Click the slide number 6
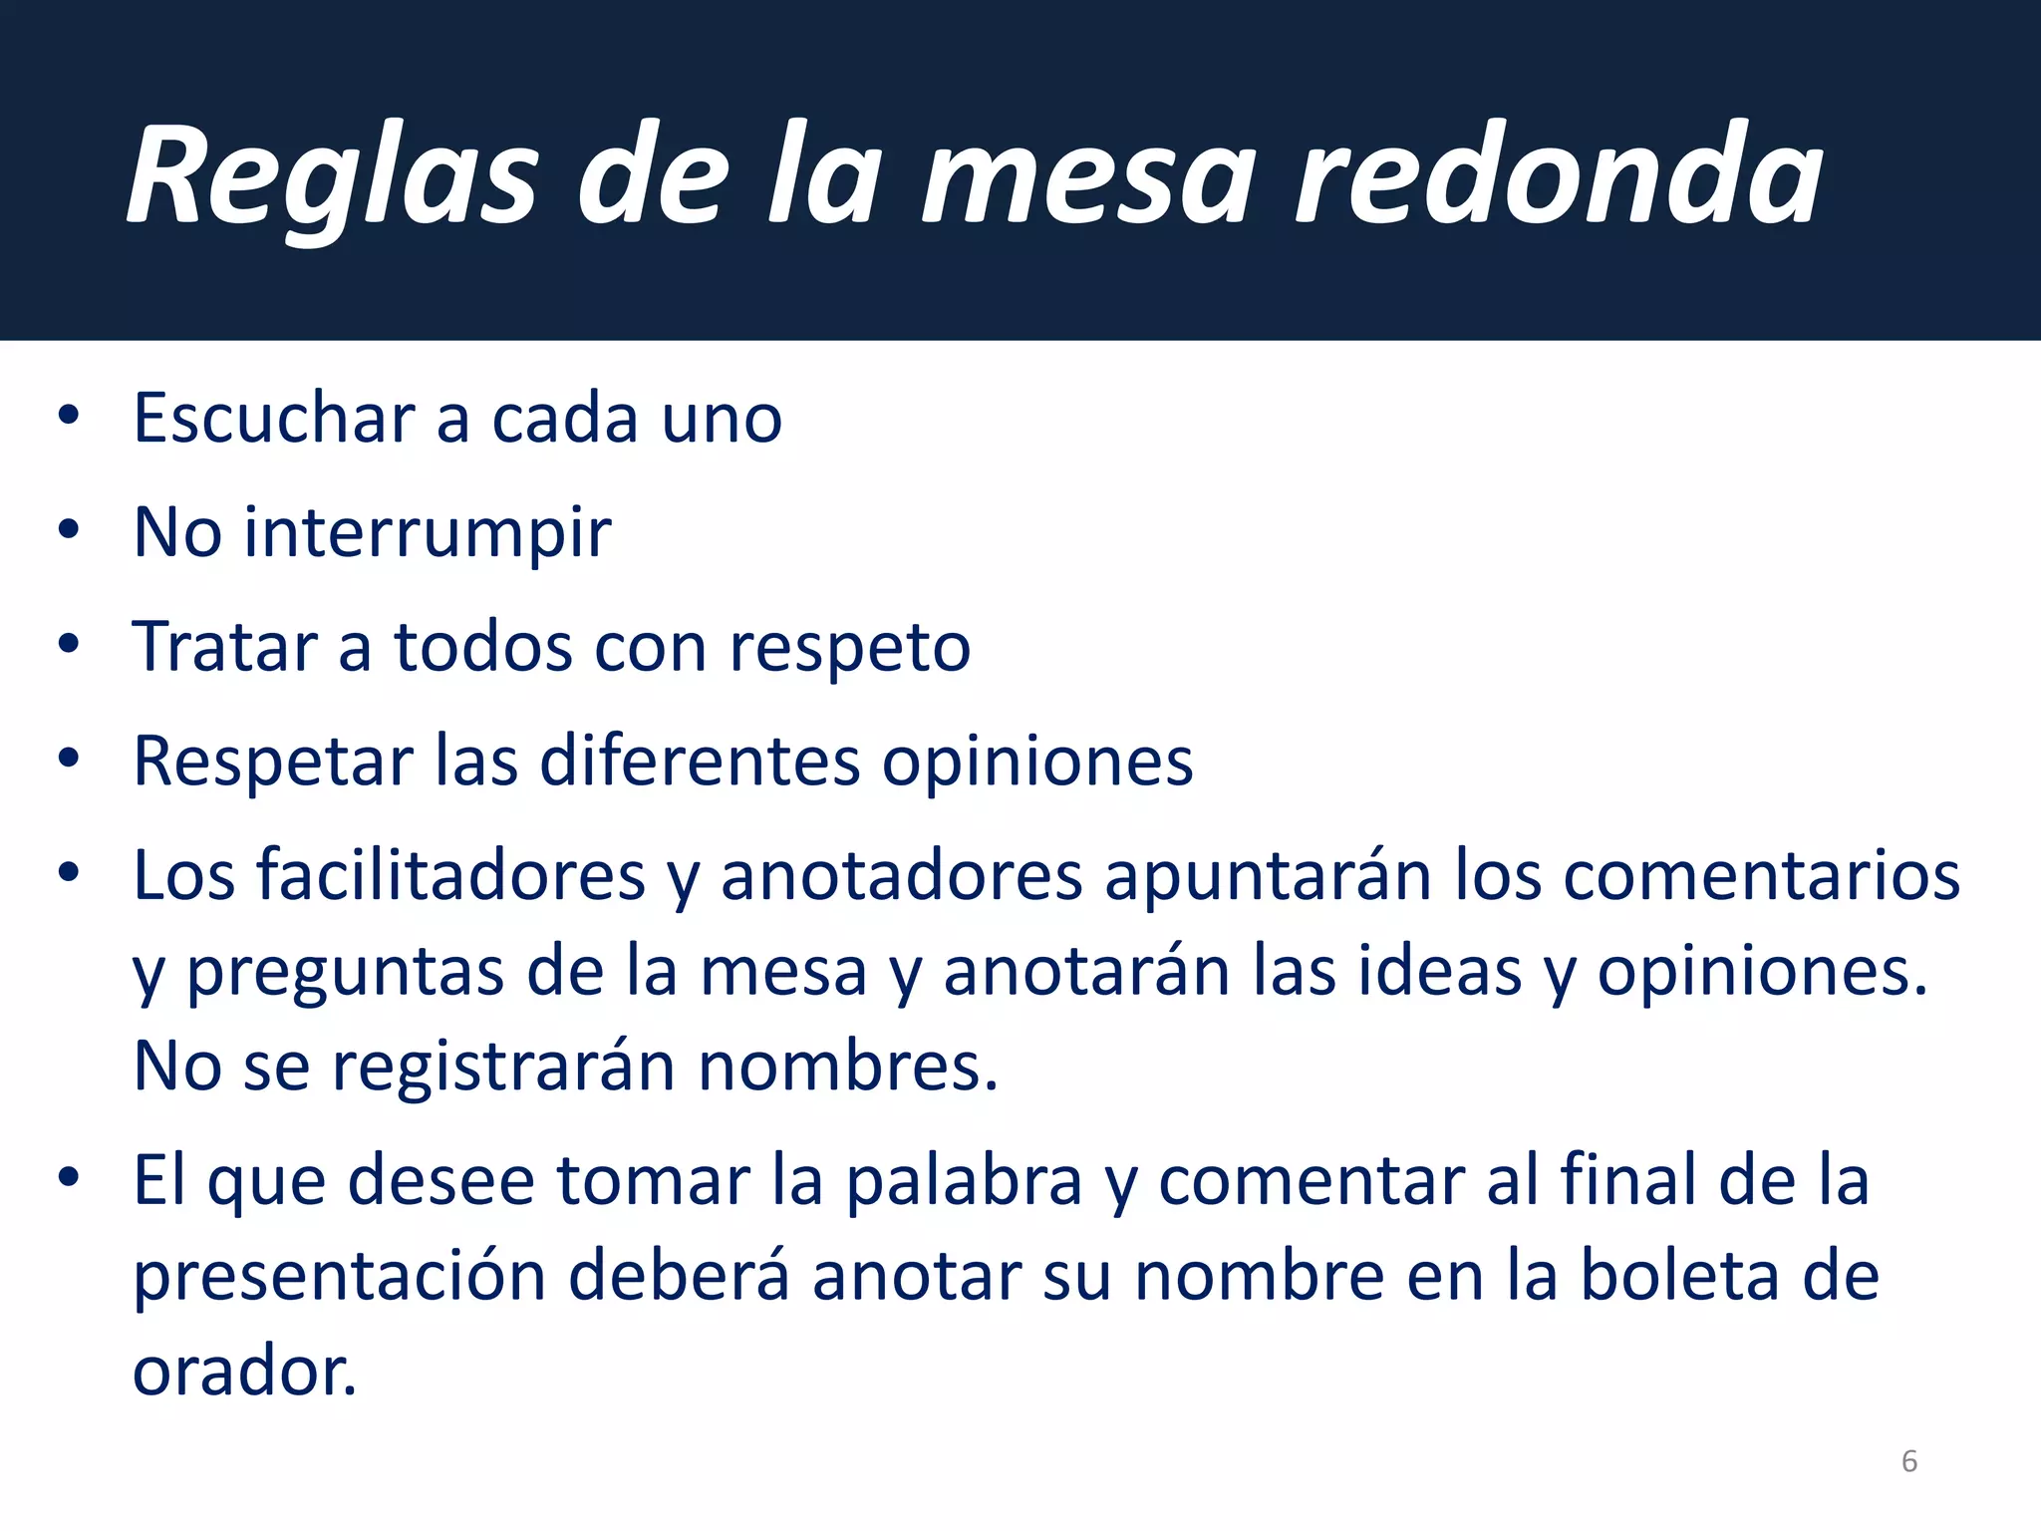[x=1908, y=1461]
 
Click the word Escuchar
[x=274, y=418]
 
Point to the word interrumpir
[x=428, y=532]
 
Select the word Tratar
[x=224, y=647]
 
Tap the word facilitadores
[x=451, y=876]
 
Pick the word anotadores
[x=901, y=876]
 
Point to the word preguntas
[x=345, y=972]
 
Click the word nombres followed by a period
[x=847, y=1067]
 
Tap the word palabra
[x=964, y=1181]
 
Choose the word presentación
[x=340, y=1277]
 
